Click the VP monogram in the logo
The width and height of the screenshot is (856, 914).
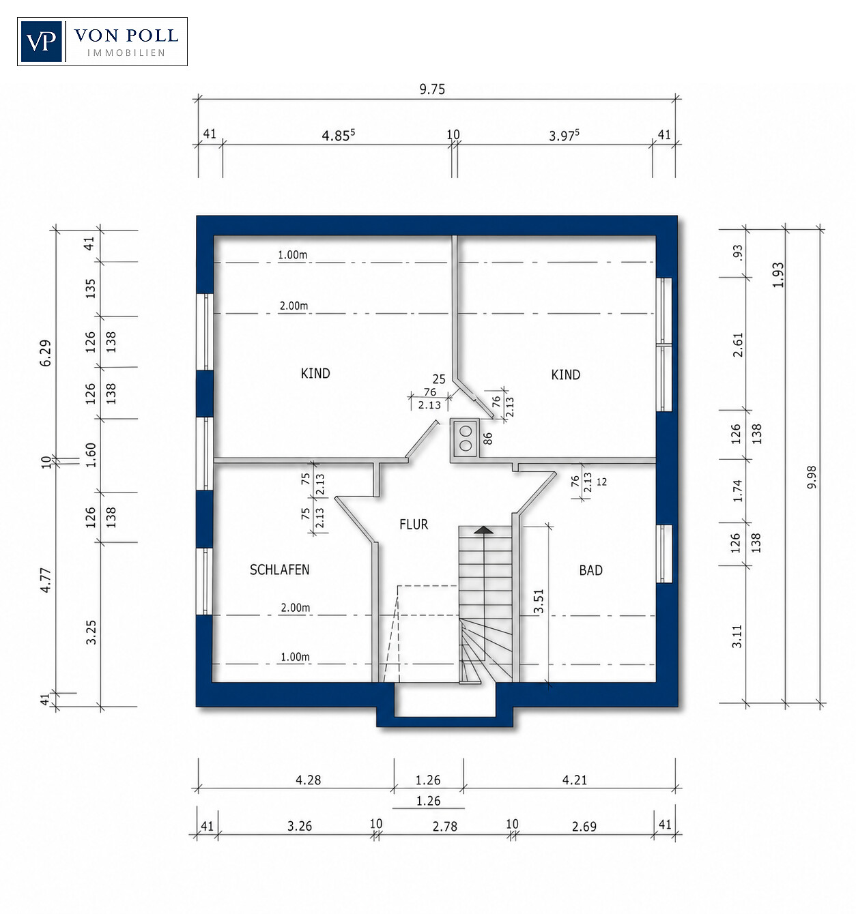[42, 42]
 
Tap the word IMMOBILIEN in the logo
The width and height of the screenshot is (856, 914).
[126, 53]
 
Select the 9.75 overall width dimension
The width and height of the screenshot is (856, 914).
[432, 89]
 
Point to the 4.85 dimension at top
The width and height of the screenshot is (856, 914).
[338, 135]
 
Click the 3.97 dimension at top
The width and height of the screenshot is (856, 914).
[564, 135]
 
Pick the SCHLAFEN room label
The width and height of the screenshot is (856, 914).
[280, 570]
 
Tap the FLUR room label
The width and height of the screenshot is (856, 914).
[414, 525]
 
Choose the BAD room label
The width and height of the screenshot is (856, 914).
[590, 570]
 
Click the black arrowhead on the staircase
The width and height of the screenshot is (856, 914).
[483, 530]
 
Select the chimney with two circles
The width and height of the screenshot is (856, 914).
[465, 439]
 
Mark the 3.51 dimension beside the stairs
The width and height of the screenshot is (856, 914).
[539, 601]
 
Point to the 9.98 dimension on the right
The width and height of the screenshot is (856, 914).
[812, 477]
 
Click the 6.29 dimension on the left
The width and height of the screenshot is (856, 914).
[46, 353]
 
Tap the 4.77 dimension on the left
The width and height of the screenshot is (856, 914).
[46, 580]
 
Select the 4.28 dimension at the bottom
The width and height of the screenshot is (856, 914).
[309, 780]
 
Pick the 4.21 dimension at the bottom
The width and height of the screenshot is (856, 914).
[575, 780]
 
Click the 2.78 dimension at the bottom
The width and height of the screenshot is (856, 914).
[445, 826]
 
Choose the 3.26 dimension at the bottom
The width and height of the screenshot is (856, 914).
[300, 826]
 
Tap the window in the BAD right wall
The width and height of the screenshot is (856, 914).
[664, 554]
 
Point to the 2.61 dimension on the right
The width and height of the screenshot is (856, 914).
[738, 344]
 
